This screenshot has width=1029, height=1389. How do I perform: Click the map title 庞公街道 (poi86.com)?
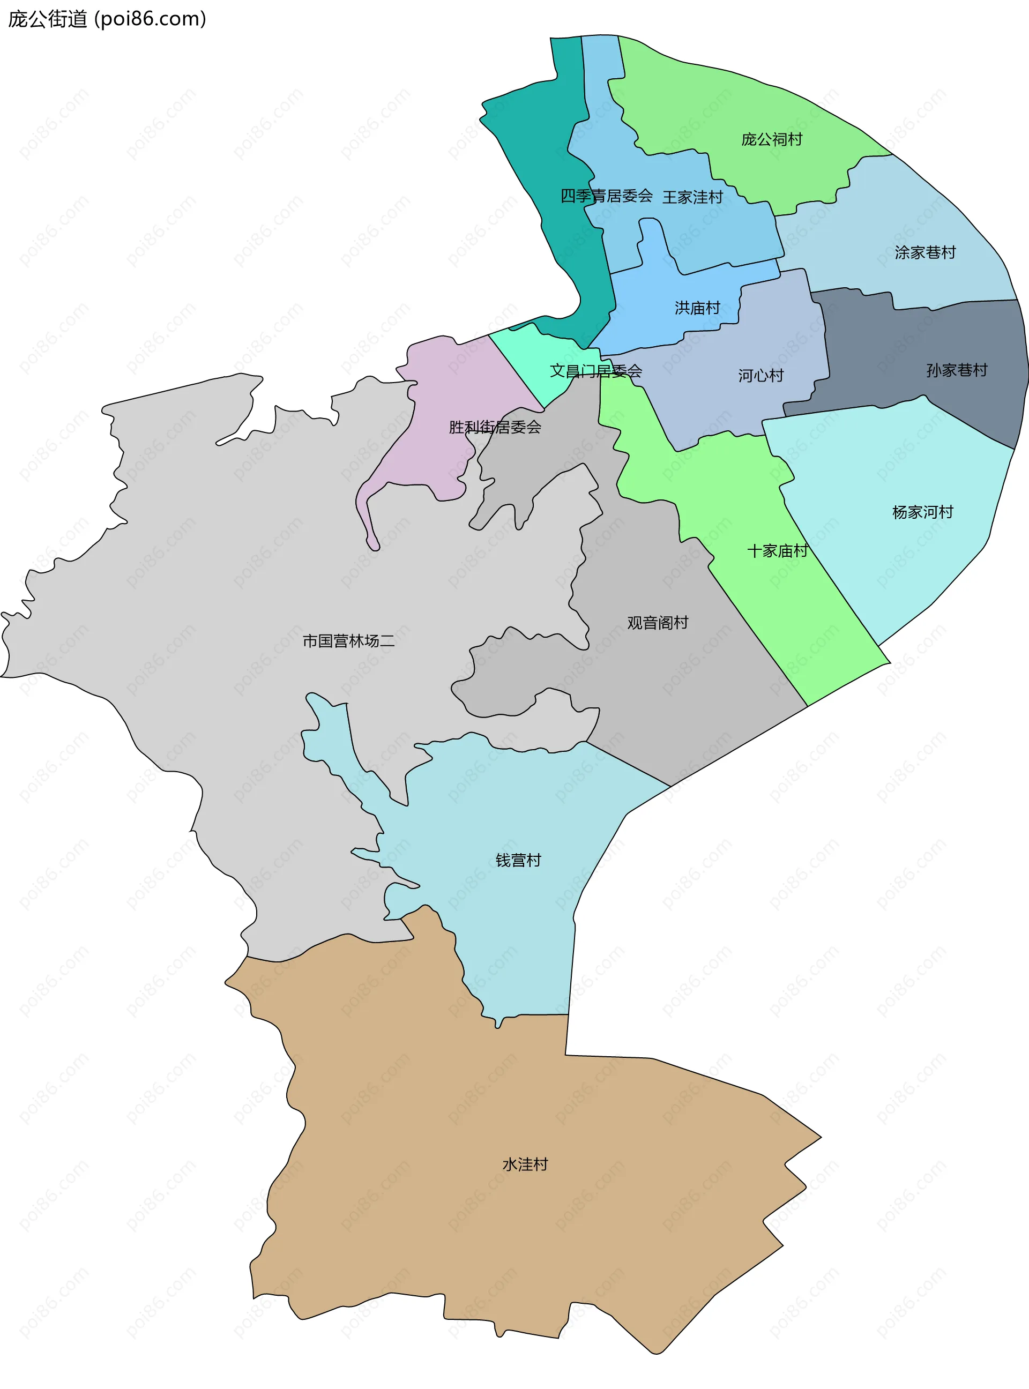(x=107, y=19)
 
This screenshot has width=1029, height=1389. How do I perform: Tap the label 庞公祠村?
(x=772, y=139)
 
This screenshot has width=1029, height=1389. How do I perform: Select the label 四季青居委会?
(x=606, y=196)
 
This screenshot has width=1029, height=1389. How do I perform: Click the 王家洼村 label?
(x=692, y=197)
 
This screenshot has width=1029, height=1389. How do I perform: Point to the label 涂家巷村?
(x=925, y=253)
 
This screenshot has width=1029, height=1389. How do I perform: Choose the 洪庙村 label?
(x=697, y=308)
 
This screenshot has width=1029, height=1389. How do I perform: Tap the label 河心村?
(x=760, y=376)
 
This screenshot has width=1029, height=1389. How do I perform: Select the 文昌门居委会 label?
(x=595, y=371)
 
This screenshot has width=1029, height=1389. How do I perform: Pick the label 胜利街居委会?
(x=495, y=427)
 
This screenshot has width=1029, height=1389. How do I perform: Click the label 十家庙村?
(x=777, y=551)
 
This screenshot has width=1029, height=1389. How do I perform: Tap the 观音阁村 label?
(x=657, y=623)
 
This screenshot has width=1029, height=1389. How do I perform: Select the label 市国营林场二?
(x=348, y=641)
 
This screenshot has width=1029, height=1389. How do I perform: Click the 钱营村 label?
(x=518, y=860)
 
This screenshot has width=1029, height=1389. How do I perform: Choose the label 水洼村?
(x=525, y=1165)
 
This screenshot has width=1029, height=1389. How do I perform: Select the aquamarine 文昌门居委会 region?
(x=536, y=355)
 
